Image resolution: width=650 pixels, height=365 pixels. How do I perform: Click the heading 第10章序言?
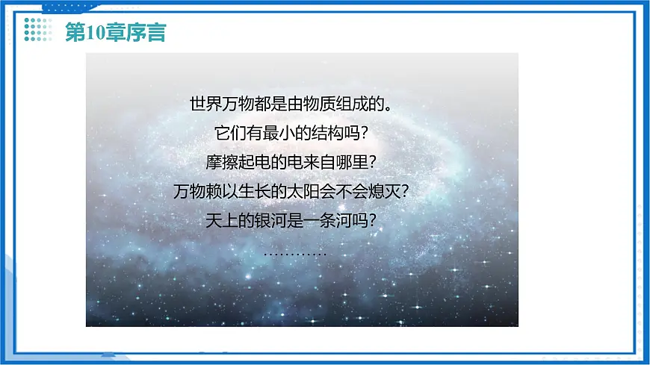(x=115, y=33)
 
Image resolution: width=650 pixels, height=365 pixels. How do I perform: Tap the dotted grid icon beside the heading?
(x=38, y=32)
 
